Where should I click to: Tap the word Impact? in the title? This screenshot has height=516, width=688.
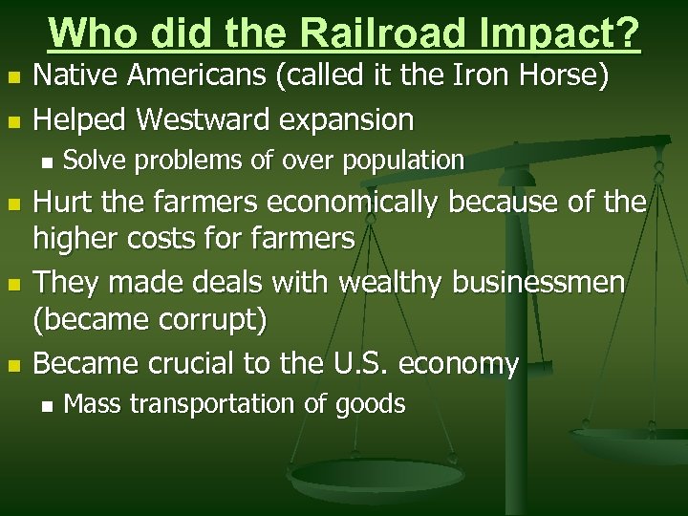[x=565, y=34]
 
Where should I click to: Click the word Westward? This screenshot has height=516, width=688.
[x=204, y=119]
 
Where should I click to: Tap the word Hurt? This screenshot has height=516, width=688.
[x=65, y=203]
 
